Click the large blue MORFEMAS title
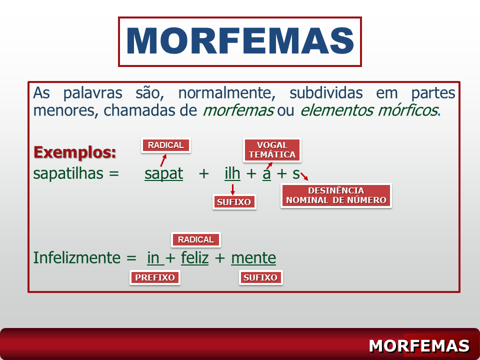tap(240, 41)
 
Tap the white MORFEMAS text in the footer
tap(419, 346)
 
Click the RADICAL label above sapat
tap(166, 145)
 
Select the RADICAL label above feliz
tap(196, 239)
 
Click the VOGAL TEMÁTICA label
tap(272, 150)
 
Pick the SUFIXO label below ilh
tap(234, 202)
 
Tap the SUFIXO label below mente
tap(260, 277)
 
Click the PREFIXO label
tap(155, 277)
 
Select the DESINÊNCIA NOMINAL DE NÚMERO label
tap(336, 195)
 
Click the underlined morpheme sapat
tap(164, 174)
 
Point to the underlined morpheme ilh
tap(232, 173)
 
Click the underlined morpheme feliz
tap(194, 258)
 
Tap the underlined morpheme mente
tap(253, 258)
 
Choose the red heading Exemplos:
tap(74, 152)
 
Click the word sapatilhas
tap(68, 174)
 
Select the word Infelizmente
tap(77, 258)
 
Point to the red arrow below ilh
tap(232, 189)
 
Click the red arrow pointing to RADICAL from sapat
tap(163, 160)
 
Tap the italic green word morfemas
tap(238, 110)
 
